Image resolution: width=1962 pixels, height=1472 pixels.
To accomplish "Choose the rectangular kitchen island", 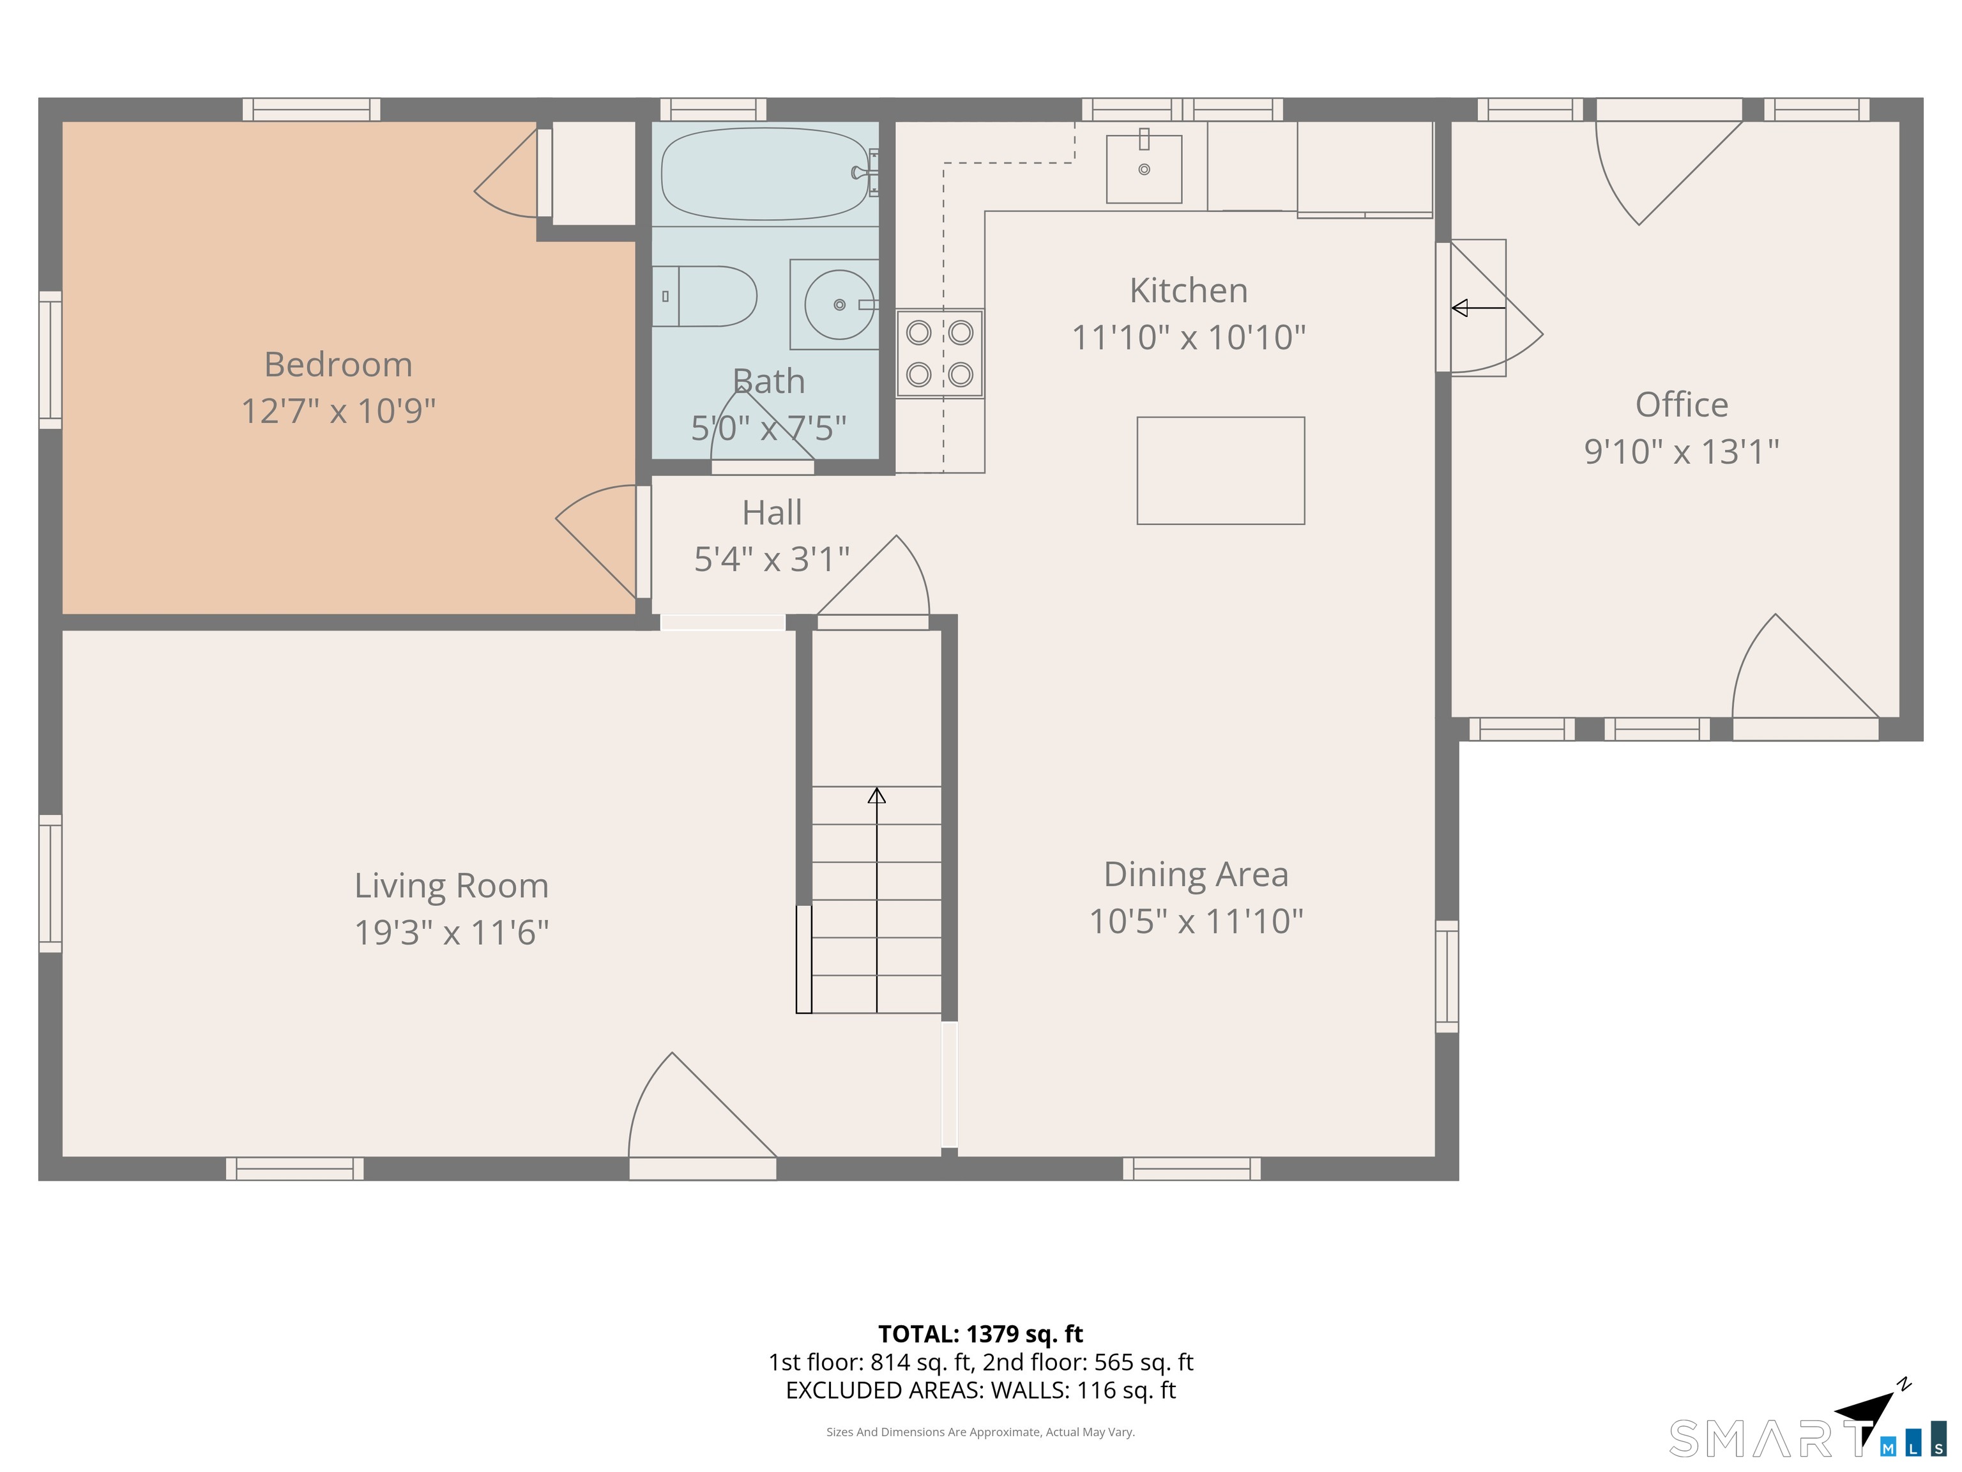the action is click(1221, 471).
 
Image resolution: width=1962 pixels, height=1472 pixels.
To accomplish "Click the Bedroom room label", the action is click(338, 365).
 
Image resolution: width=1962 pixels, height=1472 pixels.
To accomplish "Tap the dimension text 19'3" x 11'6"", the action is click(452, 933).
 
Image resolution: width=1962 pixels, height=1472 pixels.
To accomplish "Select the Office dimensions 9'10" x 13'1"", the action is click(1682, 452).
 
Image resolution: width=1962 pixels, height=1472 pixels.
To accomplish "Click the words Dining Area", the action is click(1196, 875).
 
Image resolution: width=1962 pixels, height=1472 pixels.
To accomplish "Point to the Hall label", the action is click(772, 513).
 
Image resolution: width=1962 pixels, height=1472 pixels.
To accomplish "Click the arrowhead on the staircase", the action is click(876, 795).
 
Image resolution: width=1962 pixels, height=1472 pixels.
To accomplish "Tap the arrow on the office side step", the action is click(1478, 308).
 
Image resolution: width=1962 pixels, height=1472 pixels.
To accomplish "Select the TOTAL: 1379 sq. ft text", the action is click(980, 1333).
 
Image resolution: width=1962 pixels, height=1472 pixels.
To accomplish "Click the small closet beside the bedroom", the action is click(593, 173).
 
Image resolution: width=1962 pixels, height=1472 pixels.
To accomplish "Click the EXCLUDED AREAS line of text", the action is click(980, 1390).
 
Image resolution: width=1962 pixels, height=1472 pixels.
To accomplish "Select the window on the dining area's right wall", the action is click(1447, 976).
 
